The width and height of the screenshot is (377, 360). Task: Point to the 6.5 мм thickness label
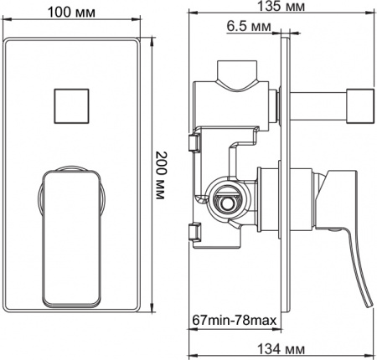[x=247, y=27]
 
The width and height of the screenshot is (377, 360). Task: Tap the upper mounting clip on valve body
[x=194, y=143]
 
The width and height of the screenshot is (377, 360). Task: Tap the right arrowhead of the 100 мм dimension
[x=137, y=25]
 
